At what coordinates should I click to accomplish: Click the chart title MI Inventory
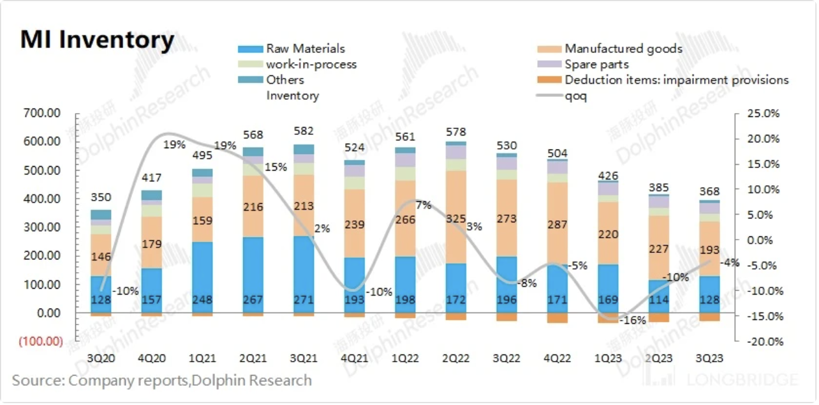[x=97, y=40]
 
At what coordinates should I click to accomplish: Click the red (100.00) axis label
[x=41, y=341]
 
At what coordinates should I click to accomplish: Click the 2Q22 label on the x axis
[x=455, y=358]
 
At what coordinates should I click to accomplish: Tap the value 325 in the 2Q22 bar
[x=455, y=218]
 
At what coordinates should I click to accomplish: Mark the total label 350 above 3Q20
[x=100, y=197]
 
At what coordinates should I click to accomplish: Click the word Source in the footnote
[x=36, y=381]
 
